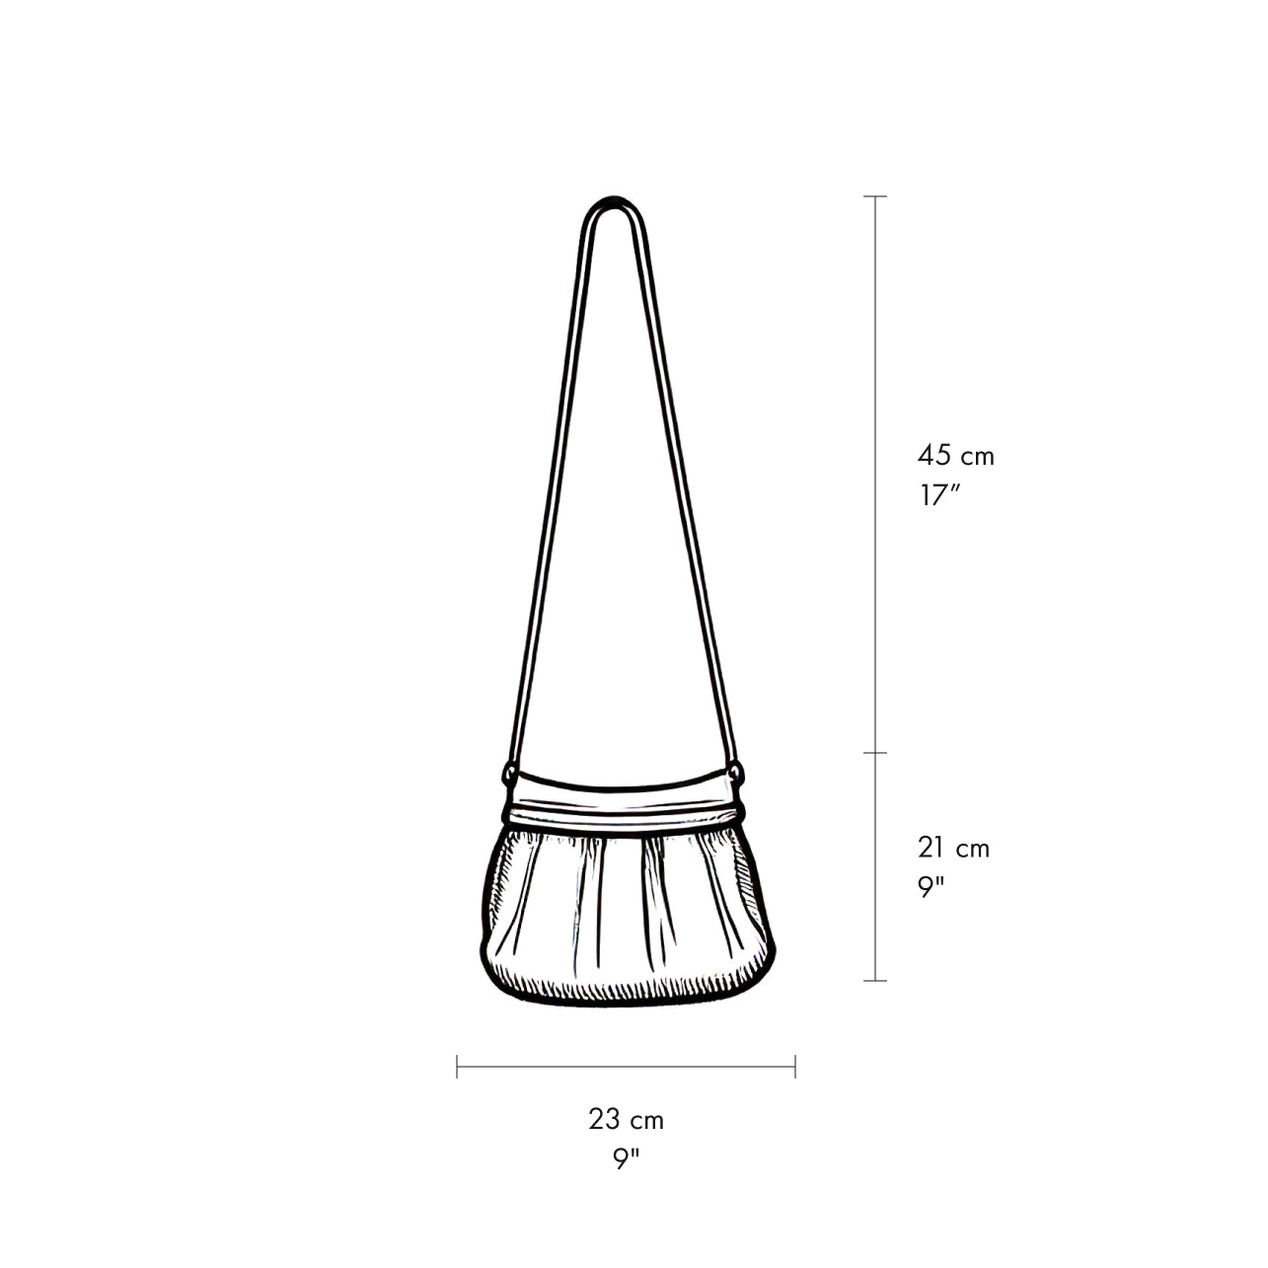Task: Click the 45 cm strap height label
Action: click(x=955, y=455)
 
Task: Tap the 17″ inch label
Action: click(x=940, y=495)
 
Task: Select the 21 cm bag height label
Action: click(x=953, y=849)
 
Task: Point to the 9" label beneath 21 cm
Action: click(x=932, y=887)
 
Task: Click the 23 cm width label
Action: click(x=627, y=1119)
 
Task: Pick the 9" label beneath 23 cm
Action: click(x=627, y=1159)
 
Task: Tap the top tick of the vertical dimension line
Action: click(x=875, y=196)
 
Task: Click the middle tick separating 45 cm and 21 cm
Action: click(x=875, y=753)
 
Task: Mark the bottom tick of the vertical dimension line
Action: click(x=875, y=981)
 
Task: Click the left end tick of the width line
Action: click(x=457, y=1067)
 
